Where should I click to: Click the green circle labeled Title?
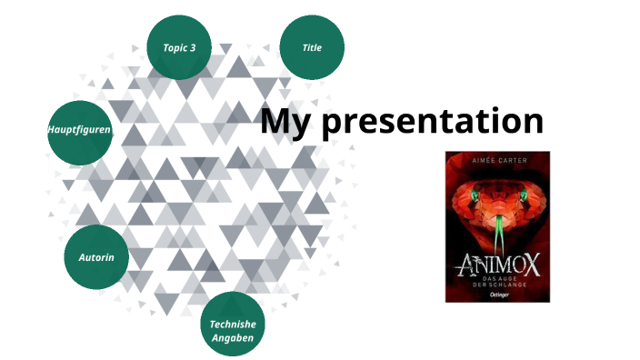click(x=312, y=47)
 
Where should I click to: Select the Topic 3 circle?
click(x=179, y=47)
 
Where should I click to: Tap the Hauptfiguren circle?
click(x=79, y=131)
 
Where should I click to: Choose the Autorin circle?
click(x=96, y=258)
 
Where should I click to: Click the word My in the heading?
click(x=285, y=121)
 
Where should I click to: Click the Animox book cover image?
click(x=498, y=226)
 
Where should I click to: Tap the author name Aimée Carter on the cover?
click(x=498, y=161)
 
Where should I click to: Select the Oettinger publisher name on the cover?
click(x=498, y=294)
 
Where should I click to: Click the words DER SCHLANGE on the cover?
click(x=498, y=285)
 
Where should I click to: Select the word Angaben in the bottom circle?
click(x=233, y=338)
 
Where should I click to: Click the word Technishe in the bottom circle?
click(x=233, y=324)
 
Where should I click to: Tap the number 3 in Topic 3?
click(x=193, y=47)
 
